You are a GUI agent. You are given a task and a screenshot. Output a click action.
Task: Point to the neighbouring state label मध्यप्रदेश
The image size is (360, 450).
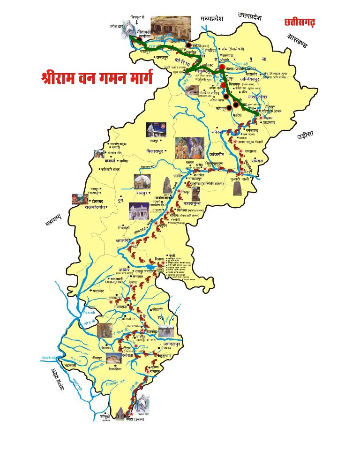click(212, 19)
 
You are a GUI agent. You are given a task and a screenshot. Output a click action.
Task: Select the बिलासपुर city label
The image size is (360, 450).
click(157, 151)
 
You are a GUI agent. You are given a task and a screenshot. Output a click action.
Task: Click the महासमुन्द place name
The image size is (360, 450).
click(198, 203)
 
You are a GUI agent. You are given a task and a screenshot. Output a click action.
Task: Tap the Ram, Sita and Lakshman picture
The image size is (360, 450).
click(189, 149)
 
